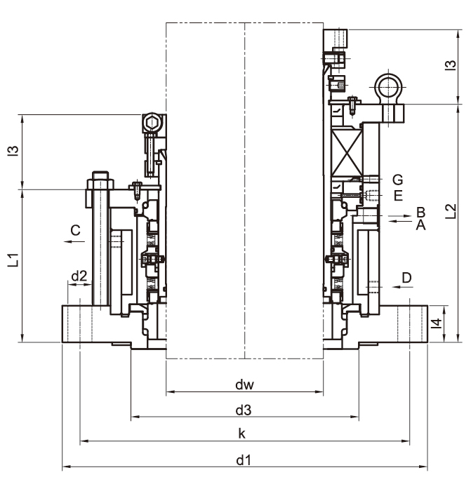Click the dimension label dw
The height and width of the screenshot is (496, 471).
point(245,384)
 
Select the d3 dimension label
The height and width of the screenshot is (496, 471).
point(244,410)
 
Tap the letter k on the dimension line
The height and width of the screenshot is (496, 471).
point(242,434)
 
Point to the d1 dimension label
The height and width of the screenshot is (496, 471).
point(244,460)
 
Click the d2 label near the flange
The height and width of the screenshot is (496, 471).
point(79,276)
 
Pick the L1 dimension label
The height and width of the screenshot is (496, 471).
point(13,260)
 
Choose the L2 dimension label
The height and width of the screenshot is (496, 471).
point(451,211)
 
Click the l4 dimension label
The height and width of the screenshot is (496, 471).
point(437,323)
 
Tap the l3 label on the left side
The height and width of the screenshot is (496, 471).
point(13,151)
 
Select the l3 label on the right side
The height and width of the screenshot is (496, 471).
point(451,65)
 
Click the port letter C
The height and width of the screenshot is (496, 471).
point(75,230)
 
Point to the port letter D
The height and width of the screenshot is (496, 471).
point(406,278)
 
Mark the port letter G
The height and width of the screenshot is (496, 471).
point(398,180)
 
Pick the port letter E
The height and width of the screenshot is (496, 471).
point(398,196)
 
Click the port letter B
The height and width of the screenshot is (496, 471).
point(420,212)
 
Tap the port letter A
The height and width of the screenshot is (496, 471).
point(420,224)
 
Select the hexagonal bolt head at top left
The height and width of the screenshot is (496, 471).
point(152,123)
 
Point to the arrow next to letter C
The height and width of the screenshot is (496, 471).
point(74,241)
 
